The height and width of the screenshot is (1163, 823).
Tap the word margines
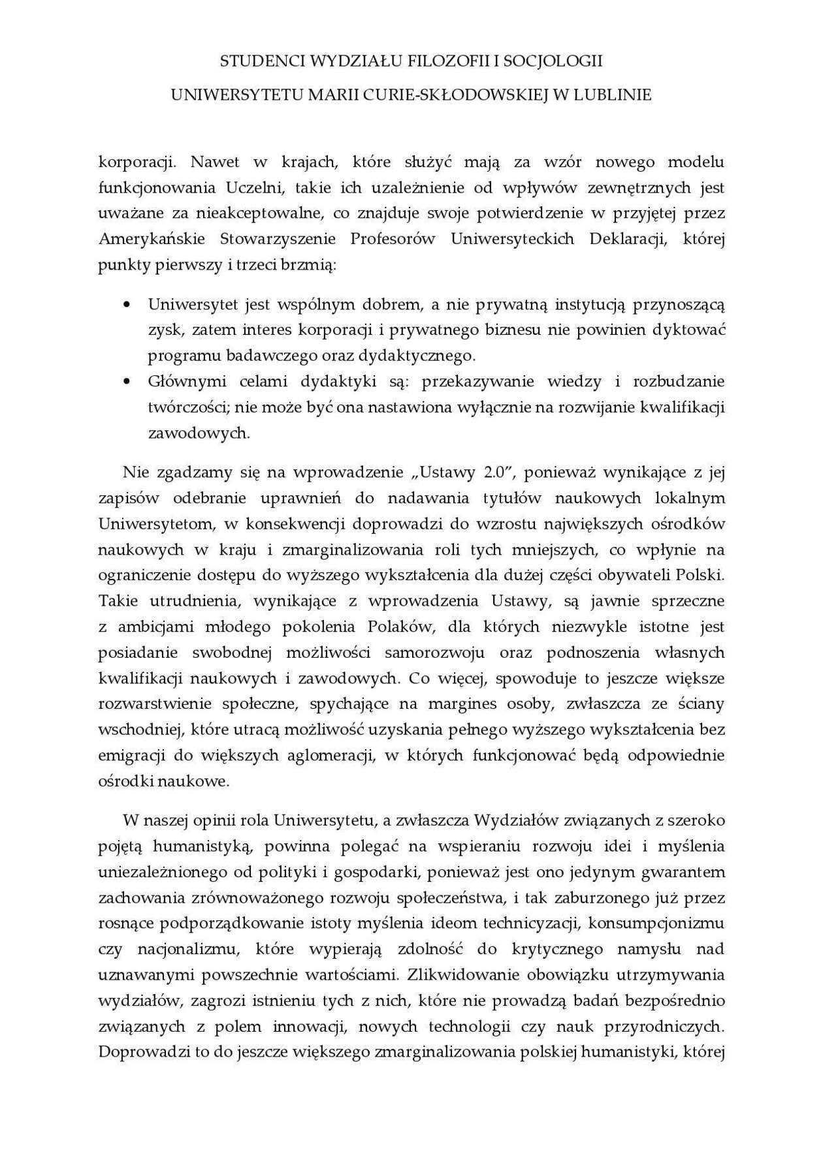point(451,704)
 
